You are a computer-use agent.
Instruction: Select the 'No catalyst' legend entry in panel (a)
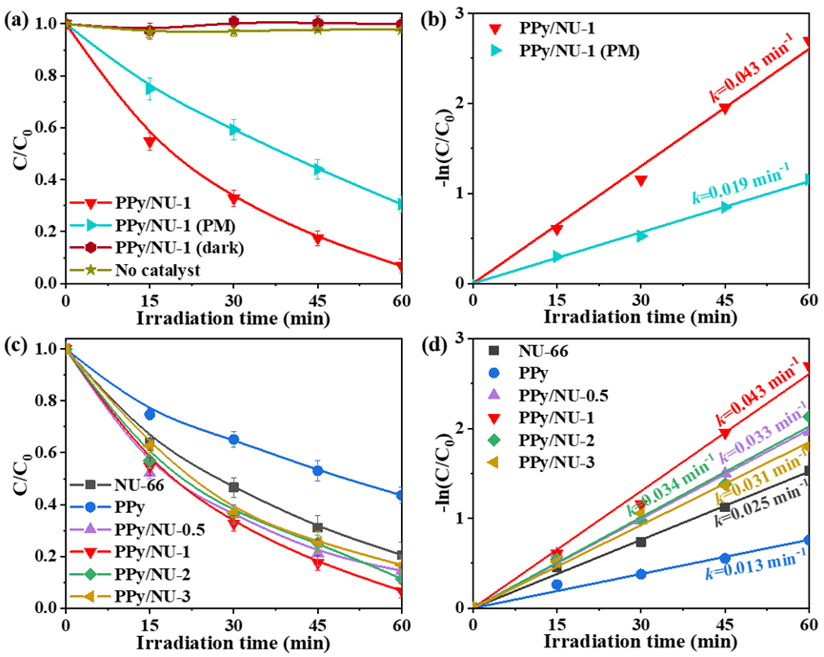pos(153,270)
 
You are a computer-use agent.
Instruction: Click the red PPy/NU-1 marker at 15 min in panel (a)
pos(150,143)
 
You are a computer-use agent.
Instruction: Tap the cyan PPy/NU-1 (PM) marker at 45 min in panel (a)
pos(318,169)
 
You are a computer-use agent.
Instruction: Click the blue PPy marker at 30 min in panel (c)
pos(233,440)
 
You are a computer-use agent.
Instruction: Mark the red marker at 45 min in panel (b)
pos(725,109)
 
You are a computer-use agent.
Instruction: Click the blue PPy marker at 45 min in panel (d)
pos(725,558)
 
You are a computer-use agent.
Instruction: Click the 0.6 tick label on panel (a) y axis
pos(40,129)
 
